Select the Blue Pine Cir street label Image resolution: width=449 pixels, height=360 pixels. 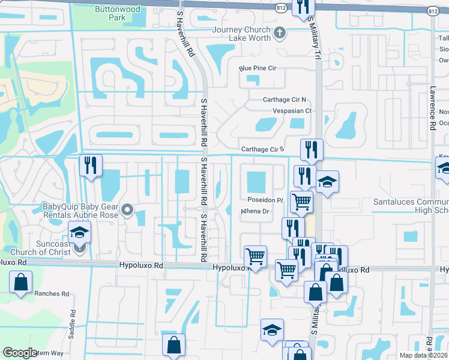[x=258, y=69]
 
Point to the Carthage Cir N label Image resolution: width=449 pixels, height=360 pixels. [x=285, y=100]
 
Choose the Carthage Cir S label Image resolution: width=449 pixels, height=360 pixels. [x=262, y=149]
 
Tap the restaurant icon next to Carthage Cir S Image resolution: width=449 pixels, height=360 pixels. [x=311, y=150]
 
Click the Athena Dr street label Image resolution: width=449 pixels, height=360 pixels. [x=255, y=211]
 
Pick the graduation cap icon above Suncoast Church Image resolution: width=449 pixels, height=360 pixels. [x=79, y=232]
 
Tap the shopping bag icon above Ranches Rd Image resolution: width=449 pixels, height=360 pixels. [x=20, y=281]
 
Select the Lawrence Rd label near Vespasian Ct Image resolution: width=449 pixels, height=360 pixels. [x=432, y=108]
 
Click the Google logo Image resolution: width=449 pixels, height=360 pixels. [x=20, y=352]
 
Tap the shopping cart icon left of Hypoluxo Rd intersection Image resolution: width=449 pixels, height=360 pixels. [x=255, y=257]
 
